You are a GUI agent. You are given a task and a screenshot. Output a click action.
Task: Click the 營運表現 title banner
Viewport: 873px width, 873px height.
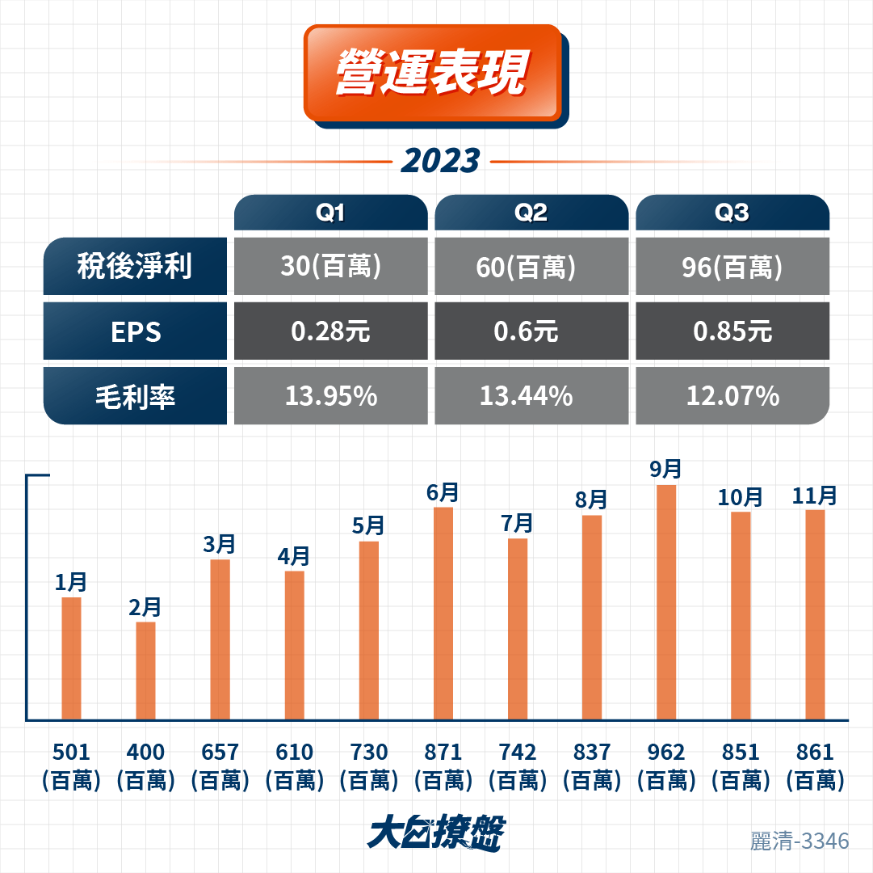(x=433, y=73)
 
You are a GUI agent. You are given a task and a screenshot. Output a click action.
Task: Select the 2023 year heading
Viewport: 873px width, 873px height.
(x=440, y=161)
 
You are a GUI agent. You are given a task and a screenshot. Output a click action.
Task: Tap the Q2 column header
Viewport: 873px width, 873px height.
(x=531, y=213)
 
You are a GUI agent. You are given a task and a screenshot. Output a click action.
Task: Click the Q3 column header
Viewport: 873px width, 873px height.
(x=732, y=213)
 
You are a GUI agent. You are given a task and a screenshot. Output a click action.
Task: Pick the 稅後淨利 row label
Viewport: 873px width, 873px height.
(x=135, y=266)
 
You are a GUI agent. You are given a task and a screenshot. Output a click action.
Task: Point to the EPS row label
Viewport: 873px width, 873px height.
(x=135, y=331)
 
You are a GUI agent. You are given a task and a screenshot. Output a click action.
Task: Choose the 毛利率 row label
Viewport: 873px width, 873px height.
(x=135, y=395)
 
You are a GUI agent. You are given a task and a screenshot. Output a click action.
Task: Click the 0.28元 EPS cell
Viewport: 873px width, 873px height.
(x=331, y=331)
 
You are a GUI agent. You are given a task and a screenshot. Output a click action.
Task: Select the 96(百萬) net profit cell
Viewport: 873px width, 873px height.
(x=732, y=266)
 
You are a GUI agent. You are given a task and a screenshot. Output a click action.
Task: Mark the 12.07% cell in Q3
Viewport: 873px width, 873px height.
(x=732, y=395)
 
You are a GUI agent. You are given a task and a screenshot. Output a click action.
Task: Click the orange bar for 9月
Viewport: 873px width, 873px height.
(x=666, y=602)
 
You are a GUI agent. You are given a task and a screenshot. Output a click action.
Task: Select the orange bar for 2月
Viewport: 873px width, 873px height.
(x=146, y=671)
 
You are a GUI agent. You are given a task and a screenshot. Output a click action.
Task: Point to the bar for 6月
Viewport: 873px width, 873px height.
(x=443, y=614)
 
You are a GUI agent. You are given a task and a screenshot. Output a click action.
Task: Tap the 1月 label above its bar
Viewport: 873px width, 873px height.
(x=71, y=582)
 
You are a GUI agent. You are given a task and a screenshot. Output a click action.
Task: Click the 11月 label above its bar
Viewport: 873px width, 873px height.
(x=815, y=496)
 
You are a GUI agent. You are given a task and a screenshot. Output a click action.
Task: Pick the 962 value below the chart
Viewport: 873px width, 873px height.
(x=666, y=752)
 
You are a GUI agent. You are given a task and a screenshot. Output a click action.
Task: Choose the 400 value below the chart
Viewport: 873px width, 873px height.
(x=145, y=752)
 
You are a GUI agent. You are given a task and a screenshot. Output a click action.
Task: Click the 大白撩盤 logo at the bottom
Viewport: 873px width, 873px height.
(x=436, y=833)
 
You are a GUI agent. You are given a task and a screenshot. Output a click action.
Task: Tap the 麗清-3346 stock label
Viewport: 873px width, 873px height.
(x=800, y=841)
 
